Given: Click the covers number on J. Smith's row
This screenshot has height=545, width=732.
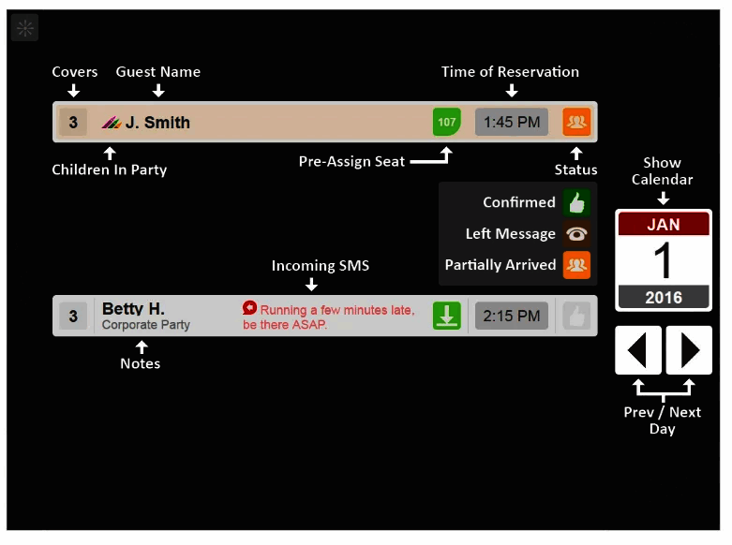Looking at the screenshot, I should click(x=73, y=123).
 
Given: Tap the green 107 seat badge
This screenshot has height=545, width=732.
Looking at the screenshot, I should click(x=447, y=123).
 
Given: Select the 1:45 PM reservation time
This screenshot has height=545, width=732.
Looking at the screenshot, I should click(x=511, y=123).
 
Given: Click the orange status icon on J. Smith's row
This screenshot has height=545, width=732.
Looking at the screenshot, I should click(x=576, y=123).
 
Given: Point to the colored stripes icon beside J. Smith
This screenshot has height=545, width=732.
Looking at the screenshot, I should click(x=112, y=123).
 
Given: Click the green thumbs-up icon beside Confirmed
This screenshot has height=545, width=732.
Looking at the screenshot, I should click(x=576, y=202).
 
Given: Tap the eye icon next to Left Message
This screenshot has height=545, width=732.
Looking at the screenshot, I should click(x=576, y=234).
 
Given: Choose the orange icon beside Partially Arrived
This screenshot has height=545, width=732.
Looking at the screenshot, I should click(x=576, y=265).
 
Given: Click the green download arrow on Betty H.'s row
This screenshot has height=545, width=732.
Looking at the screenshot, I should click(x=447, y=316).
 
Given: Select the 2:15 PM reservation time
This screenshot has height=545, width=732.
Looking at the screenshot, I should click(x=511, y=316).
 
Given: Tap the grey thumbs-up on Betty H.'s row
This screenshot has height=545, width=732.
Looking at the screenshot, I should click(x=576, y=316).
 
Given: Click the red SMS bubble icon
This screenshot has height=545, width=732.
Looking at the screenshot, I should click(x=249, y=308).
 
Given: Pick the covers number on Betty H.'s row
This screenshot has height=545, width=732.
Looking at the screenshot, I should click(x=73, y=316).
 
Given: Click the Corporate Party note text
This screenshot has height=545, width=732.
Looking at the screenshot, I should click(x=145, y=325).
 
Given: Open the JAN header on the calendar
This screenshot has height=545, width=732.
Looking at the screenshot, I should click(x=663, y=225).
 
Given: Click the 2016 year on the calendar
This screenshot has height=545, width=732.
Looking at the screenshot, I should click(x=663, y=298).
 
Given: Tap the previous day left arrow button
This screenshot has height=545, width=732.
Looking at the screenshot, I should click(x=638, y=350).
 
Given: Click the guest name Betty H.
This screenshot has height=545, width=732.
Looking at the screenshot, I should click(x=133, y=308).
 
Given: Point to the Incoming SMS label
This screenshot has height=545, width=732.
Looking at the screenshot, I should click(x=320, y=266).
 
